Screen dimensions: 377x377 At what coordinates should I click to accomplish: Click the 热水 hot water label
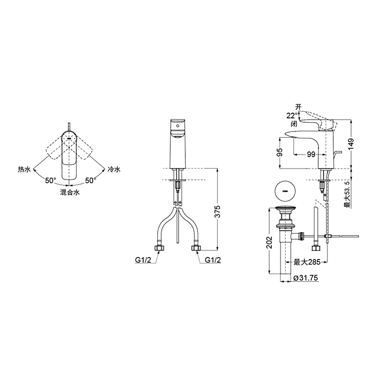coord(24,170)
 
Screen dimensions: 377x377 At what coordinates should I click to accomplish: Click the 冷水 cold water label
coord(114,170)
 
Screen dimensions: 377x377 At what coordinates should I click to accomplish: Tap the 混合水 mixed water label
coord(69,192)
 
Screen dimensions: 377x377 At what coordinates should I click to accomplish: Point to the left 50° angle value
coord(51,180)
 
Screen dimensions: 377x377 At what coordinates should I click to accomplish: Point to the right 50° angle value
coord(90,180)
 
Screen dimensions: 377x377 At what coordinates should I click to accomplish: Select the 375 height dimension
coord(217,212)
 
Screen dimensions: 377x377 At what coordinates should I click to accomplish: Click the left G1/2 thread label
coord(143,260)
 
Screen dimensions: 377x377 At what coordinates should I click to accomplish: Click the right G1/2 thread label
coord(213,260)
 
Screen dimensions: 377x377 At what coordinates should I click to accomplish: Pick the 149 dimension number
coord(351,144)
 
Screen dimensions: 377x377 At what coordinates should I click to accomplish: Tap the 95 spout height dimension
coord(280,152)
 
